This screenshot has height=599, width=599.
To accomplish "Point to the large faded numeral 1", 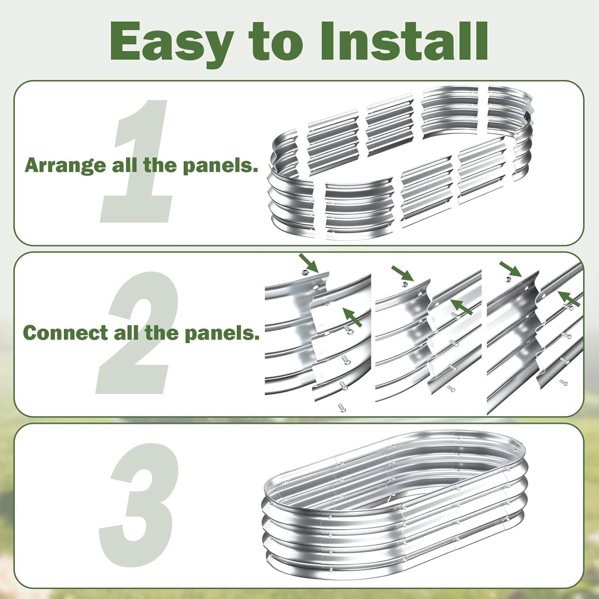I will coord(138,162).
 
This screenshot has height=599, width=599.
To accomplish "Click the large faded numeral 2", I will coord(138,333).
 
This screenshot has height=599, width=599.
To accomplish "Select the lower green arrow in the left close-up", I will coord(353,318).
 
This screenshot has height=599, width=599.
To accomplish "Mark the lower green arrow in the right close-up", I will coord(569,298).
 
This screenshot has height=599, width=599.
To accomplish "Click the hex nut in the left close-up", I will coord(305,272).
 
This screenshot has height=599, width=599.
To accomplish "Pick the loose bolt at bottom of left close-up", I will coord(341,407).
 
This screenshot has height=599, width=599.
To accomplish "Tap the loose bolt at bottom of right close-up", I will coord(563,383).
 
